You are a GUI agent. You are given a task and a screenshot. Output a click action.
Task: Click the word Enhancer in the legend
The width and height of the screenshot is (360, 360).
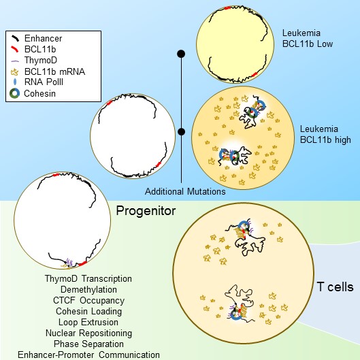(x=43, y=38)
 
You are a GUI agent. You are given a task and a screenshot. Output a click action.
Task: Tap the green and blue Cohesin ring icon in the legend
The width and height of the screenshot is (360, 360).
(x=15, y=93)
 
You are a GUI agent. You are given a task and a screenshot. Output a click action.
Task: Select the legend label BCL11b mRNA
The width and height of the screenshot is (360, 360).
(x=54, y=71)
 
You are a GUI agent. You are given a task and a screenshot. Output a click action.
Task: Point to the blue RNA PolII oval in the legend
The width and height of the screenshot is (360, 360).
(x=15, y=82)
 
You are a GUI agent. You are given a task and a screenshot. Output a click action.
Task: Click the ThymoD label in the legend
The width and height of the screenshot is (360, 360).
(x=41, y=60)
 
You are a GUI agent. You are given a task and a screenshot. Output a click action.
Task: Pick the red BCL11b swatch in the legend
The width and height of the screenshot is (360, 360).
(x=14, y=49)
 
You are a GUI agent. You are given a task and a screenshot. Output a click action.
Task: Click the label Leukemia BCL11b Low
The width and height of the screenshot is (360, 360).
(x=308, y=38)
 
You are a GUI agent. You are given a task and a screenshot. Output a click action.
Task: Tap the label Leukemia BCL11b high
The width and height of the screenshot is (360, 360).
(x=325, y=134)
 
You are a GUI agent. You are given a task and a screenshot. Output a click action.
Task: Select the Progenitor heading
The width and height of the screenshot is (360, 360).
(x=146, y=211)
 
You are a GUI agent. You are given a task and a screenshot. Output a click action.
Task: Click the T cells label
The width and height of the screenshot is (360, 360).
(x=336, y=287)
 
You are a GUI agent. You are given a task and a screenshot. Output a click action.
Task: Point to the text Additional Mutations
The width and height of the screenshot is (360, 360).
(x=185, y=191)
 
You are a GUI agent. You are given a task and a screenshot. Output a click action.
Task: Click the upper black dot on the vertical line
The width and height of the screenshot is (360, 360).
(x=181, y=54)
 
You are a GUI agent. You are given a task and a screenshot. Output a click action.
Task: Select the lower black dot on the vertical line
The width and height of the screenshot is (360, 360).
(x=182, y=131)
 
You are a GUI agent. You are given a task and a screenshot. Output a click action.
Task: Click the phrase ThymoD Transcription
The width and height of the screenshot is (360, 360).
(x=88, y=279)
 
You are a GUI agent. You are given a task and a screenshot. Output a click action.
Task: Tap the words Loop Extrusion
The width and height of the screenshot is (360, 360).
(x=88, y=322)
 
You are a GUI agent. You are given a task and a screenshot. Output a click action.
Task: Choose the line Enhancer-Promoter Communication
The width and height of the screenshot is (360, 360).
(x=88, y=355)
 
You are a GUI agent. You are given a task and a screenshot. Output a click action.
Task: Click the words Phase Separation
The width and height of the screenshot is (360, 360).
(x=88, y=344)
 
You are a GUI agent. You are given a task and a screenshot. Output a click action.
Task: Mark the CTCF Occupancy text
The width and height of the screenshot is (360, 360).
(x=88, y=300)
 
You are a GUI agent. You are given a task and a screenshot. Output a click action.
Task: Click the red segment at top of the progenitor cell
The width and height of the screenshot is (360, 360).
(x=56, y=175)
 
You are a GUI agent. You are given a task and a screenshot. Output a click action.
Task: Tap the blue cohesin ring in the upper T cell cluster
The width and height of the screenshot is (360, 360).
(x=243, y=226)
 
